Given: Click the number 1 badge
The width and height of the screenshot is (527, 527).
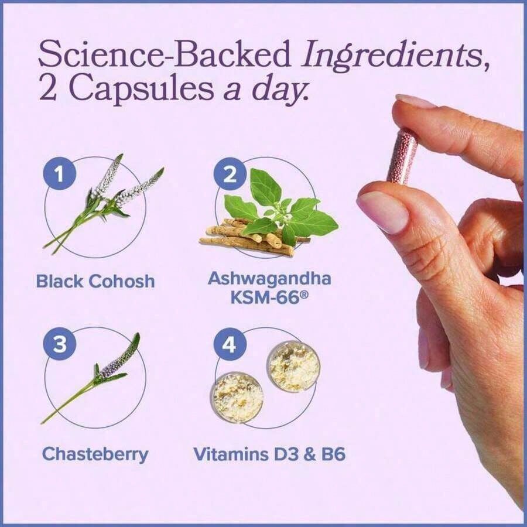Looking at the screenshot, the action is coord(59,174).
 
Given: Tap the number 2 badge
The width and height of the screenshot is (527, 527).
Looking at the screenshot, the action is coord(230,174).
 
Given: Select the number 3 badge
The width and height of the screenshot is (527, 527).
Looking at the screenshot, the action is coord(59,344).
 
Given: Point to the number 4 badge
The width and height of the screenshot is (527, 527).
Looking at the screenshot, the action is coord(230,344).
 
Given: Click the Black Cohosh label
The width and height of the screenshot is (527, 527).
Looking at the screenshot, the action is coord(95,281).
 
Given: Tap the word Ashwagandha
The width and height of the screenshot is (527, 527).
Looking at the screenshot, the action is coord(269,279).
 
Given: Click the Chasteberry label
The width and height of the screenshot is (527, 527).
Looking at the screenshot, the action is coord(95,454).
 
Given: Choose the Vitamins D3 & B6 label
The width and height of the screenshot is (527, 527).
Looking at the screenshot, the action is coord(269,454).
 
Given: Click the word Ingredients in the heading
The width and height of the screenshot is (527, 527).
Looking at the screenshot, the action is coord(392,54).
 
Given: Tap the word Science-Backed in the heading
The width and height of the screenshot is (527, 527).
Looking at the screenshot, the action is coord(164,54).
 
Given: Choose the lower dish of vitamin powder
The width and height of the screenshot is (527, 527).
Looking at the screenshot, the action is coord(237,396).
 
